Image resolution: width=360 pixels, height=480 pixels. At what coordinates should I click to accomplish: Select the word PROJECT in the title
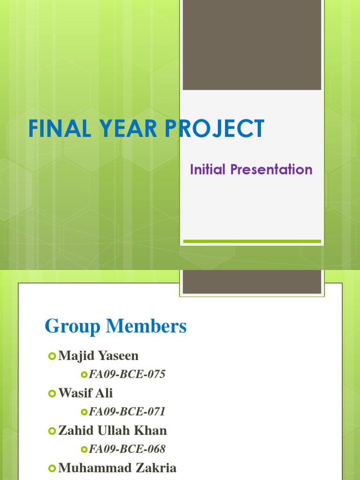pyautogui.click(x=215, y=128)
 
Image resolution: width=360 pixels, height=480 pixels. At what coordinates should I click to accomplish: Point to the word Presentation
pyautogui.click(x=271, y=169)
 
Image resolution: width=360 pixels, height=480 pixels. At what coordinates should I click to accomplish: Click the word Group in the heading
pyautogui.click(x=73, y=326)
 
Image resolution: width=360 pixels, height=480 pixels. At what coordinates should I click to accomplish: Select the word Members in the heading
pyautogui.click(x=146, y=326)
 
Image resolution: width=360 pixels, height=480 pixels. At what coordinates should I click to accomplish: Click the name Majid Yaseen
pyautogui.click(x=98, y=356)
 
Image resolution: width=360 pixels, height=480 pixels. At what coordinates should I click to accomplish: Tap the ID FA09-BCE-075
pyautogui.click(x=127, y=374)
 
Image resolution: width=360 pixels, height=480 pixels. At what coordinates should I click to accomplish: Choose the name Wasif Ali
pyautogui.click(x=85, y=393)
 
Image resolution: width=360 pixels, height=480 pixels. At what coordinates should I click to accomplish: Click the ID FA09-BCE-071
pyautogui.click(x=127, y=412)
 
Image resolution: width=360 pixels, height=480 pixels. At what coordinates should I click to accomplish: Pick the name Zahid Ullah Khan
pyautogui.click(x=112, y=430)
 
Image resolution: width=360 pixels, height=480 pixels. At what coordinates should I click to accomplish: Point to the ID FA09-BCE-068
pyautogui.click(x=127, y=449)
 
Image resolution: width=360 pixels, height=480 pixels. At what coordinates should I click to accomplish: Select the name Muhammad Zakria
pyautogui.click(x=117, y=468)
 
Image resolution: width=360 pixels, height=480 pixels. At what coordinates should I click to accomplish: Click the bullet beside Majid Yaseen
pyautogui.click(x=52, y=356)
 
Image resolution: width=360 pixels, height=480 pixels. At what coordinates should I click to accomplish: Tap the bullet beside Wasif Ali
pyautogui.click(x=52, y=393)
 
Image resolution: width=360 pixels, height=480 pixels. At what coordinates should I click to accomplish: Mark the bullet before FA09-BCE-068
pyautogui.click(x=84, y=450)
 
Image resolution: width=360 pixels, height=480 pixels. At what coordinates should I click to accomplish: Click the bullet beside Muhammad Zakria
pyautogui.click(x=52, y=468)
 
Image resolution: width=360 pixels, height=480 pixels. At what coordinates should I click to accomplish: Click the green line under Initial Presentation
pyautogui.click(x=252, y=241)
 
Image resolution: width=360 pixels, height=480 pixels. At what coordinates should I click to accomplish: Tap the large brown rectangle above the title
pyautogui.click(x=252, y=45)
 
